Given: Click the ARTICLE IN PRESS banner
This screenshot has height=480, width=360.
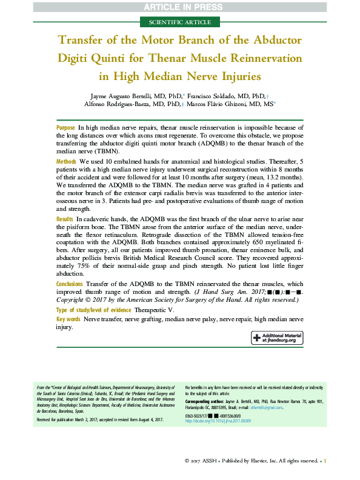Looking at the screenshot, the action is point(180,7).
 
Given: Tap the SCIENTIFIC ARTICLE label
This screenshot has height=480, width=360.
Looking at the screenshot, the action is point(180,22).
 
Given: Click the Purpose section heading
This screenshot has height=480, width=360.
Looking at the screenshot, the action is point(65,128).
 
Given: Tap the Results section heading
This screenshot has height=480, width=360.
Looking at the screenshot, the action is point(65,218).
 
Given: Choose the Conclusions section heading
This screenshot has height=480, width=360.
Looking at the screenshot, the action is point(70,284).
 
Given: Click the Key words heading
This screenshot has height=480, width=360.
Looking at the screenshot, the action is point(68,319).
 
